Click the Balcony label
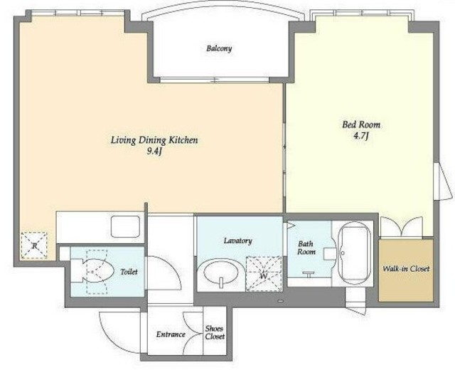[x=219, y=48]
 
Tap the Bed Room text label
[x=361, y=125]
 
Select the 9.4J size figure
[x=154, y=152]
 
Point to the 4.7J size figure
[x=360, y=136]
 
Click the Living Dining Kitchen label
[x=154, y=140]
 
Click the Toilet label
[x=129, y=272]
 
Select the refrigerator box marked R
[x=34, y=245]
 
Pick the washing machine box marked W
[x=264, y=274]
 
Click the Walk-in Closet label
[x=406, y=269]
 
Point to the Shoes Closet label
[x=215, y=332]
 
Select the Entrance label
[x=171, y=334]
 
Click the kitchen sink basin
[x=125, y=226]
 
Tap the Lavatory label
[x=238, y=240]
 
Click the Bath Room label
[x=306, y=248]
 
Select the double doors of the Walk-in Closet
[x=402, y=226]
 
